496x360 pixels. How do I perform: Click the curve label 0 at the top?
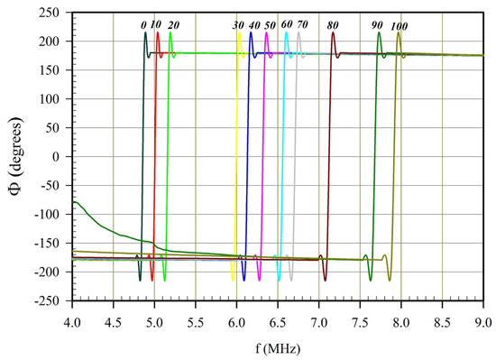pyautogui.click(x=143, y=24)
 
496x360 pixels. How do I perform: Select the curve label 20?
pyautogui.click(x=173, y=24)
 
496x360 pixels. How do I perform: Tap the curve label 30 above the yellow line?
pyautogui.click(x=237, y=24)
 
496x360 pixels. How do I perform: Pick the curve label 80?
pyautogui.click(x=335, y=24)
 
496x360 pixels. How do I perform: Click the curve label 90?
pyautogui.click(x=377, y=24)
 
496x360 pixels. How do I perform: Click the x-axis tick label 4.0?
pyautogui.click(x=72, y=319)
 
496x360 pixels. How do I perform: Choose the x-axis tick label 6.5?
pyautogui.click(x=278, y=319)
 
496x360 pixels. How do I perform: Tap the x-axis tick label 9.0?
pyautogui.click(x=482, y=319)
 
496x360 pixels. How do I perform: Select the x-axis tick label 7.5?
pyautogui.click(x=360, y=319)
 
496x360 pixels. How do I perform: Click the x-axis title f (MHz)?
pyautogui.click(x=277, y=347)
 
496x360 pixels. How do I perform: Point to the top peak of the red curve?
pyautogui.click(x=158, y=33)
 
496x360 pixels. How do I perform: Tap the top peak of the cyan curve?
pyautogui.click(x=287, y=33)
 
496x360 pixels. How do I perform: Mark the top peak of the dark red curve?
pyautogui.click(x=333, y=33)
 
